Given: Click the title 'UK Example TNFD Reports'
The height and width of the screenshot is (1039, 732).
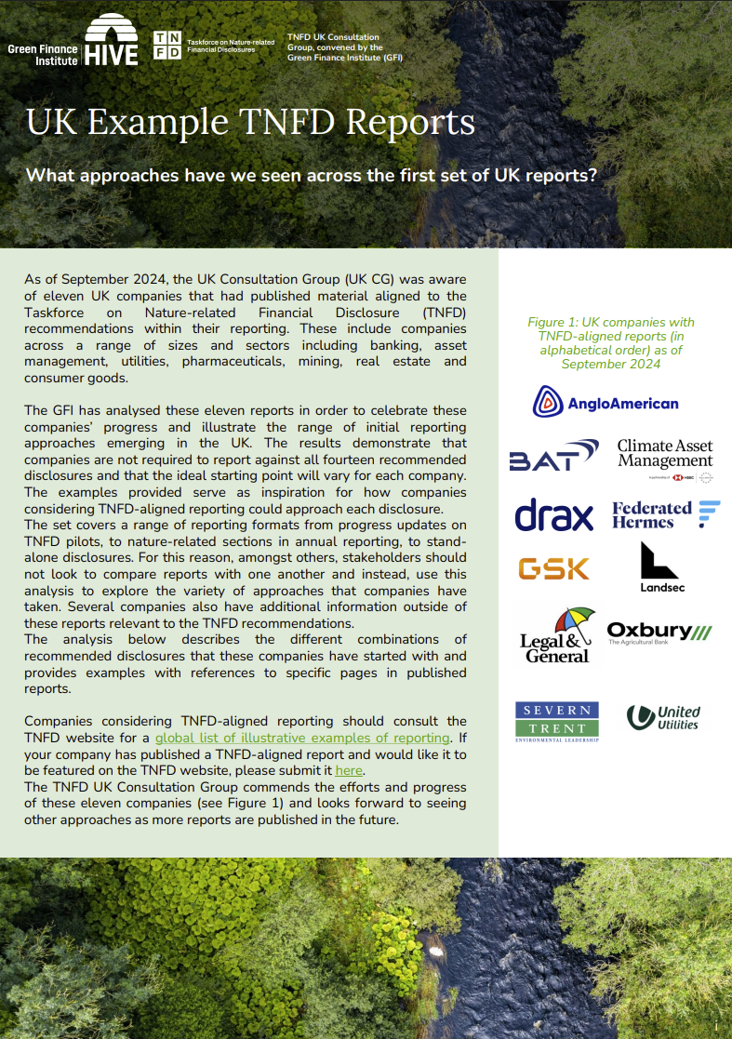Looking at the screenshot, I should click(250, 123).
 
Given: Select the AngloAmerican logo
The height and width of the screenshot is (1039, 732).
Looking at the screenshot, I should click(606, 402).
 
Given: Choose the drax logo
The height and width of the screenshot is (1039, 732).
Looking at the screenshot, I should click(553, 514).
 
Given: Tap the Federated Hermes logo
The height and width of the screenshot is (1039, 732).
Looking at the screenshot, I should click(665, 514).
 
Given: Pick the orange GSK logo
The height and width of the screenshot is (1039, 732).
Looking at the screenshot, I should click(553, 567).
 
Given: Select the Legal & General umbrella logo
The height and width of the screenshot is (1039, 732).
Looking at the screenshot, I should click(556, 636).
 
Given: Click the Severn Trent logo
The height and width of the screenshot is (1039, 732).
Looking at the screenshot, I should click(557, 721).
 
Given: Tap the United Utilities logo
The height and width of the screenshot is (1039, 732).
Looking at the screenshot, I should click(663, 717).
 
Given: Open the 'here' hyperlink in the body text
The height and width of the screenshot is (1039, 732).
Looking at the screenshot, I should click(349, 770).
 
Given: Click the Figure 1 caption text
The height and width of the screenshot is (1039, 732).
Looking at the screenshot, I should click(611, 342).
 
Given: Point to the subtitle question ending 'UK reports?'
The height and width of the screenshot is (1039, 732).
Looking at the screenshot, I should click(311, 175).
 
